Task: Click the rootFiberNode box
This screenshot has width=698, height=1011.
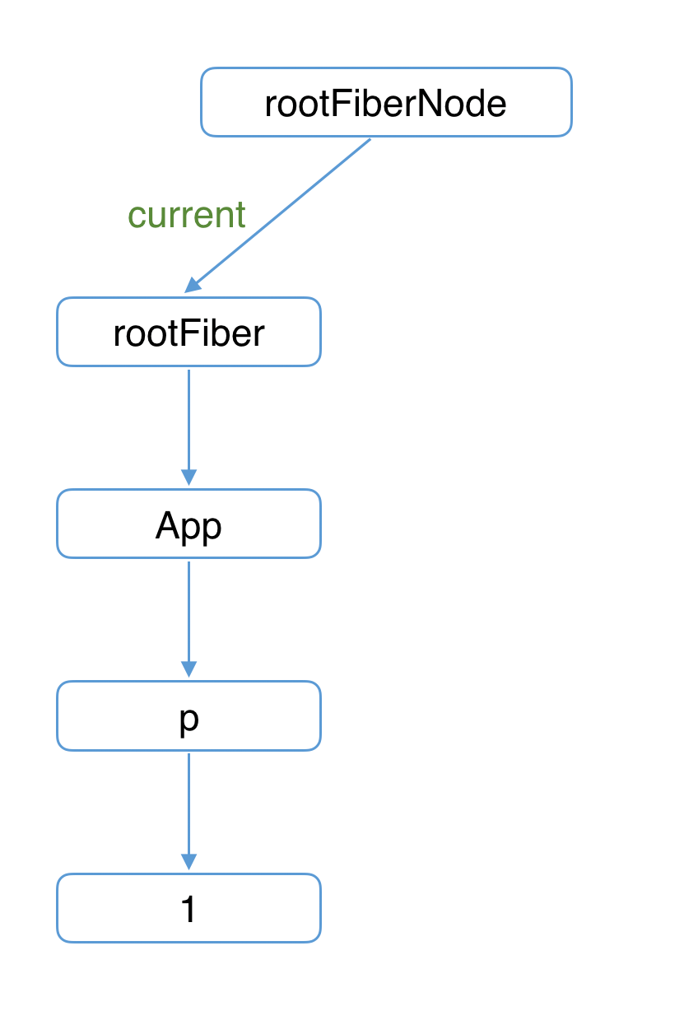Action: (386, 102)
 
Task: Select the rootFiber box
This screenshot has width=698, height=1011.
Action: (188, 332)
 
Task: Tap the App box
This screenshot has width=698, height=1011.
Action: (188, 524)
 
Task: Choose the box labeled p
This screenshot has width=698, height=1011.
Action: (188, 715)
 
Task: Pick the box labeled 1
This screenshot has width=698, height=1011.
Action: (188, 908)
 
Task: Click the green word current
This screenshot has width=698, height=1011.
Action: (186, 215)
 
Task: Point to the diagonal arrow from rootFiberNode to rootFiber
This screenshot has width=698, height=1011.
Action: (277, 216)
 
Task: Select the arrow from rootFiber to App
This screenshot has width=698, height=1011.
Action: (188, 427)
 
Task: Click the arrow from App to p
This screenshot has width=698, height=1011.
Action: (188, 619)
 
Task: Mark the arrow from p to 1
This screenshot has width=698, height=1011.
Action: (188, 812)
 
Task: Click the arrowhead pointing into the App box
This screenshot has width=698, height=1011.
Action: (188, 478)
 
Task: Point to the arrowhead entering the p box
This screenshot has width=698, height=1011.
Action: (188, 669)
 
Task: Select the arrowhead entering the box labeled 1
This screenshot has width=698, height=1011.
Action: (188, 862)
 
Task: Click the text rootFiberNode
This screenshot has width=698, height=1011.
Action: (385, 104)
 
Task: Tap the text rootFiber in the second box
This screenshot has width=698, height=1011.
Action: (188, 333)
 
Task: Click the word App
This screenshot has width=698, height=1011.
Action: (188, 526)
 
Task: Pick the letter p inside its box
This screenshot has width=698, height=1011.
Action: (188, 720)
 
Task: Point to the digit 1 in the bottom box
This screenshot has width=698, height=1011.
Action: (188, 909)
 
